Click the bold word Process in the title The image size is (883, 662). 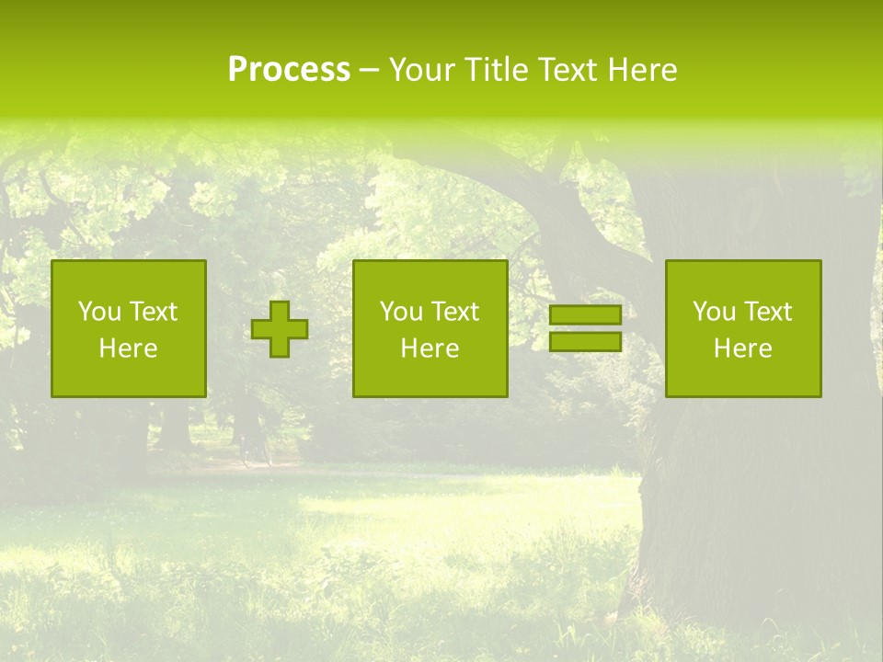(x=289, y=70)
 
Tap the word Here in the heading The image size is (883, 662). (x=641, y=70)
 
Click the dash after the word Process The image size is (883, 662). (x=369, y=71)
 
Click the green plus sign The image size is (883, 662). (x=280, y=329)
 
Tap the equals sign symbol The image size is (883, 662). (x=585, y=328)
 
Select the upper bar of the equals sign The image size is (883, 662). (x=585, y=315)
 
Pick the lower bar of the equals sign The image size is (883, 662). (x=585, y=341)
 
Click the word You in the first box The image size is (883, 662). (x=100, y=312)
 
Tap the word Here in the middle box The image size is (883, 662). (x=430, y=348)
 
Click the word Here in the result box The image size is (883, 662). (x=742, y=348)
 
